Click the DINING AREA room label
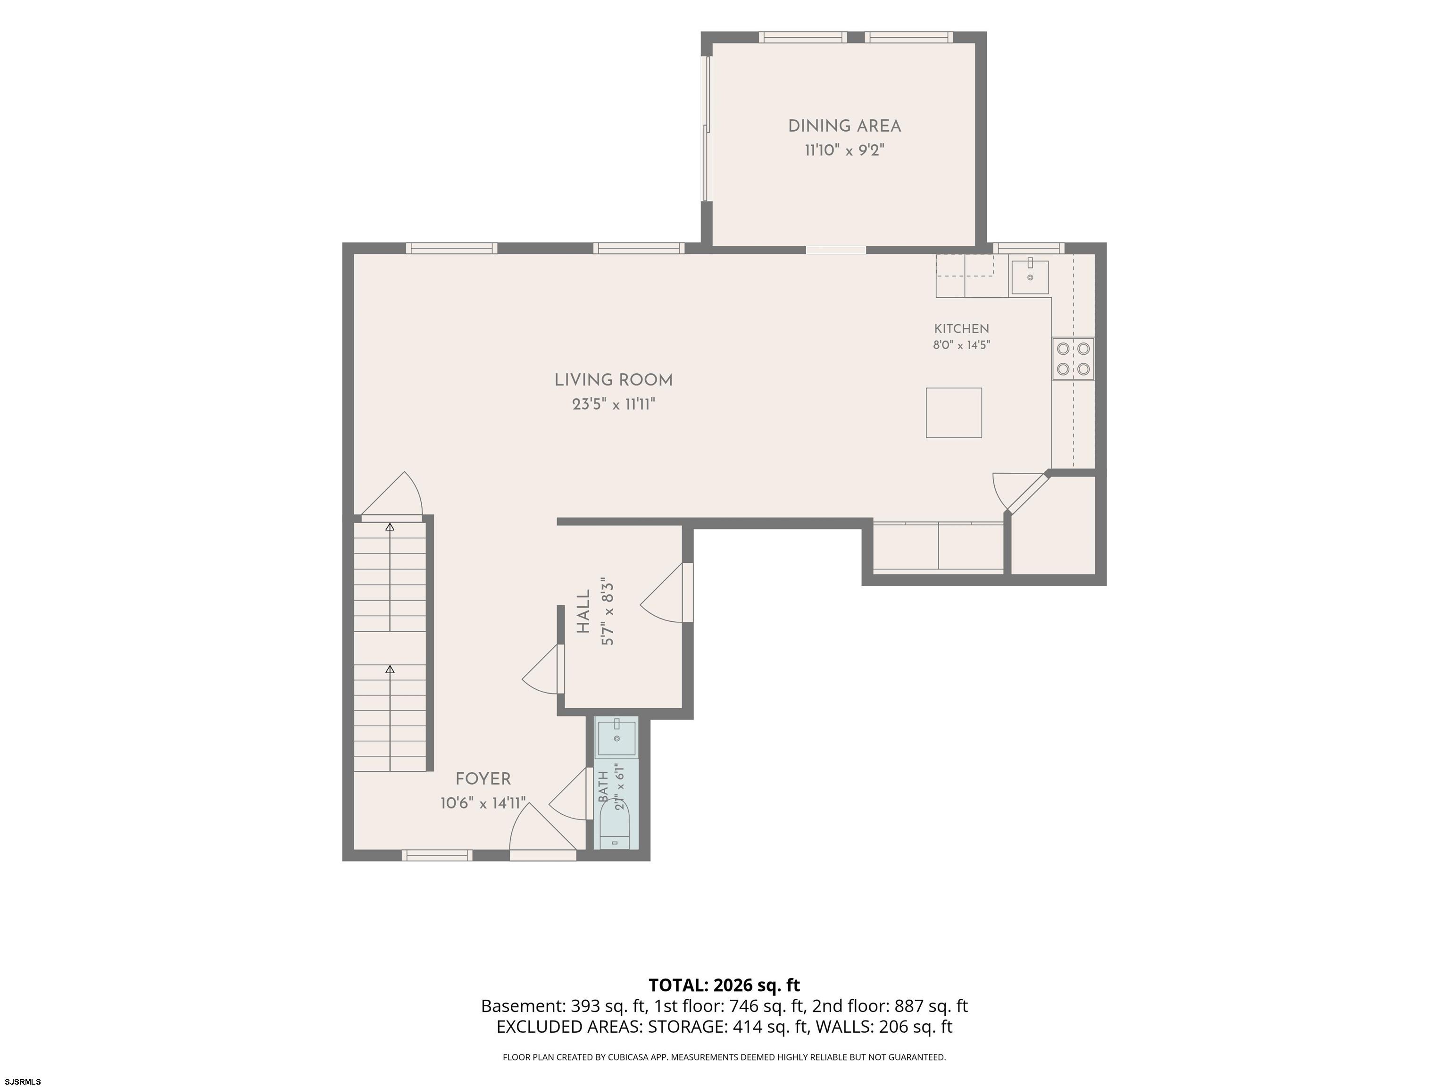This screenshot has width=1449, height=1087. tap(844, 126)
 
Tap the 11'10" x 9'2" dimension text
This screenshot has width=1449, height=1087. tap(844, 151)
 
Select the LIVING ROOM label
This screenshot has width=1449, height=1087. tap(614, 380)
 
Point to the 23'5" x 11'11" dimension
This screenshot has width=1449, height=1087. tap(614, 404)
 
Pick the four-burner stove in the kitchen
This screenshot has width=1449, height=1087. tap(1073, 359)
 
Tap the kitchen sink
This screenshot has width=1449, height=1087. tap(1030, 277)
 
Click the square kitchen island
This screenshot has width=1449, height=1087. tap(954, 413)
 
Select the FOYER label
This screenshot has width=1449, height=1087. tap(483, 779)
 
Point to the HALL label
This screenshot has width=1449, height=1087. tap(583, 611)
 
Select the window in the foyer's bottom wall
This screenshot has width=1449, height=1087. tap(437, 855)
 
